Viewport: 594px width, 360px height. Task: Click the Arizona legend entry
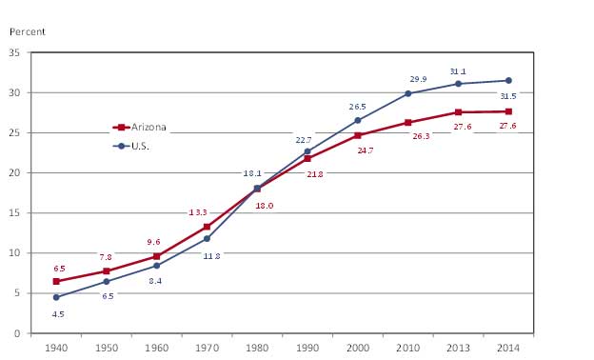tap(140, 127)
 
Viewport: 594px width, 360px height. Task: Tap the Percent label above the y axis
tap(28, 31)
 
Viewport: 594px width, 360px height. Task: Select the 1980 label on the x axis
tap(257, 348)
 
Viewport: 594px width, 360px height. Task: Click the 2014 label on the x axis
tap(508, 348)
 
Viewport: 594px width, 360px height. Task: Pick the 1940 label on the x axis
tap(56, 348)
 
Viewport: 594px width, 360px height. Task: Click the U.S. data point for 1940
tap(56, 297)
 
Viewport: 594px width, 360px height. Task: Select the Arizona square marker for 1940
tap(56, 281)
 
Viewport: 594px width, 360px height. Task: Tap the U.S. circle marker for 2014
tap(508, 80)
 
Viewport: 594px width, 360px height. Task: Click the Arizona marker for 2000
tap(358, 135)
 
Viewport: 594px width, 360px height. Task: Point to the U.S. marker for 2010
tap(408, 93)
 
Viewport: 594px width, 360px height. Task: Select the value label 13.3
tap(197, 211)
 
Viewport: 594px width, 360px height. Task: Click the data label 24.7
tap(365, 150)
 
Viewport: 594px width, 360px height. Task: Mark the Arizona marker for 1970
tap(207, 227)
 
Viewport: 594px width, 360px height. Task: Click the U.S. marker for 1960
tap(156, 266)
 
